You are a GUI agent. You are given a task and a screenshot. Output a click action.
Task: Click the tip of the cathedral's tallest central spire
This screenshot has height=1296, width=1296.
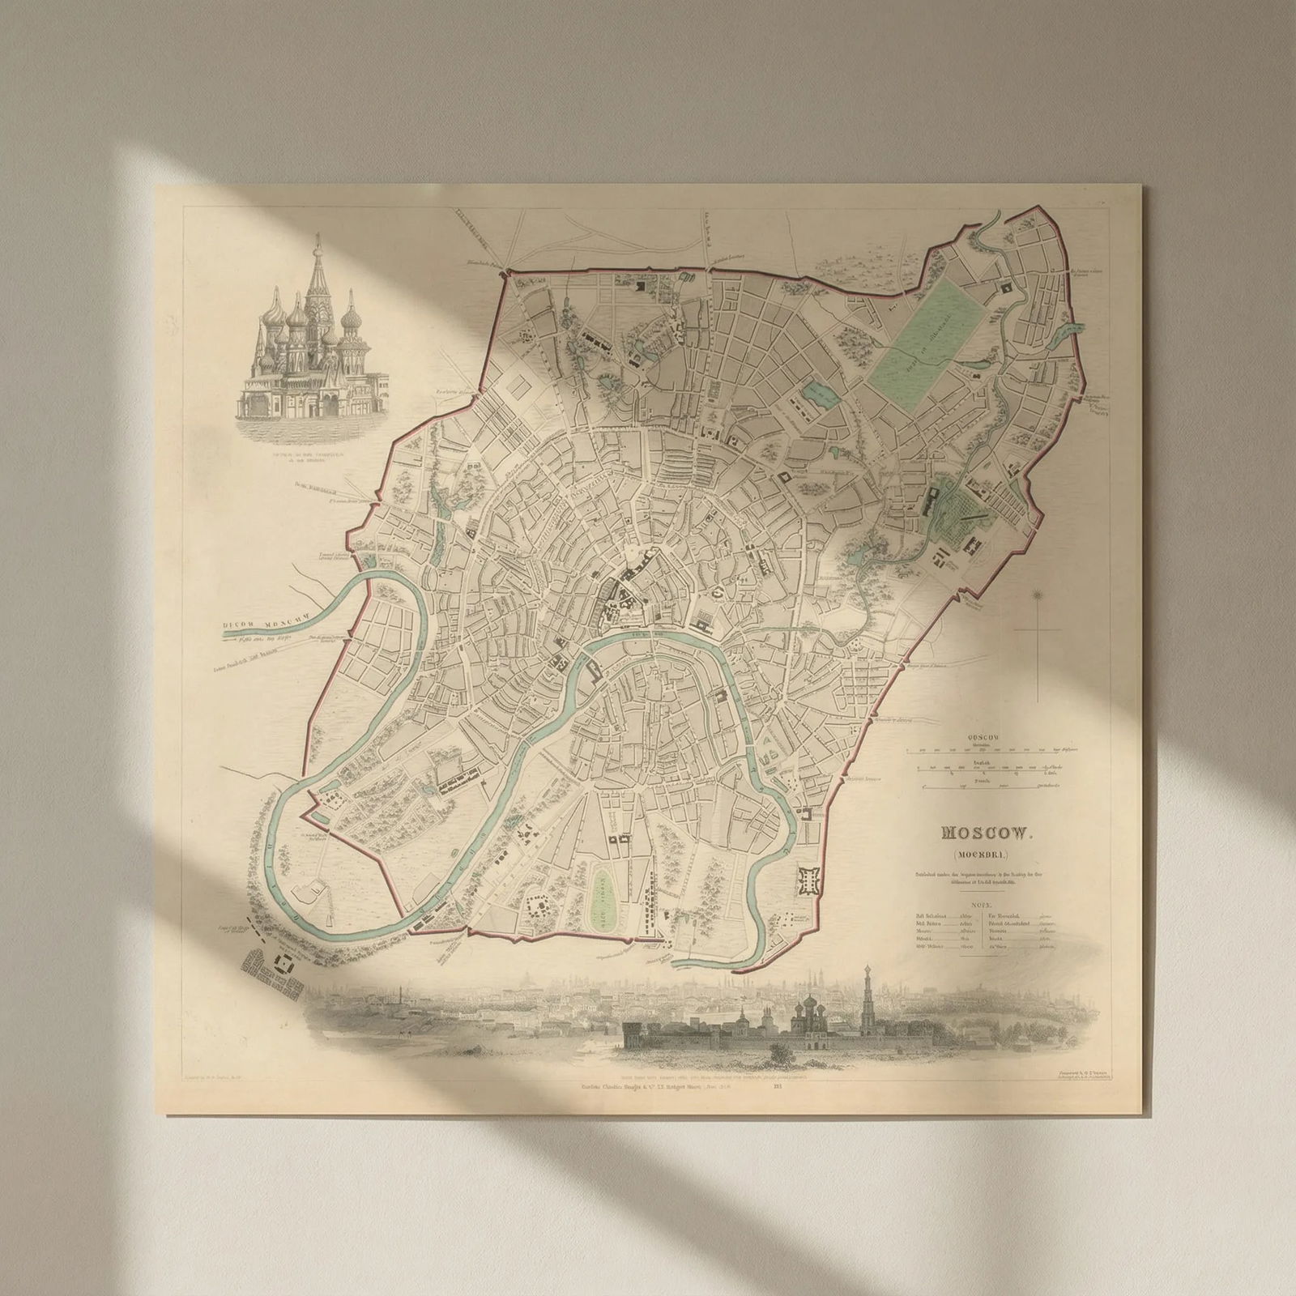click(x=317, y=237)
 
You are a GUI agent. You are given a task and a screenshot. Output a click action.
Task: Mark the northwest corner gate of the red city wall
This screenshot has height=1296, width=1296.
click(x=506, y=273)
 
